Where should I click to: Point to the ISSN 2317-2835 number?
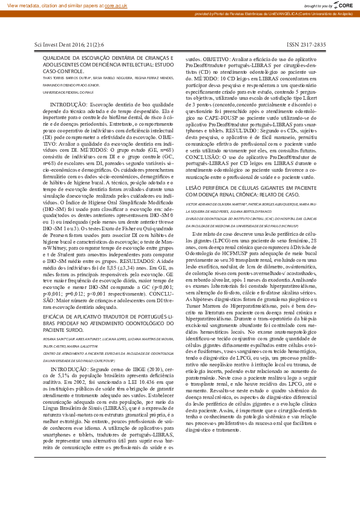click(306, 45)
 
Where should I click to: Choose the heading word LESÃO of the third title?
click(195, 189)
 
